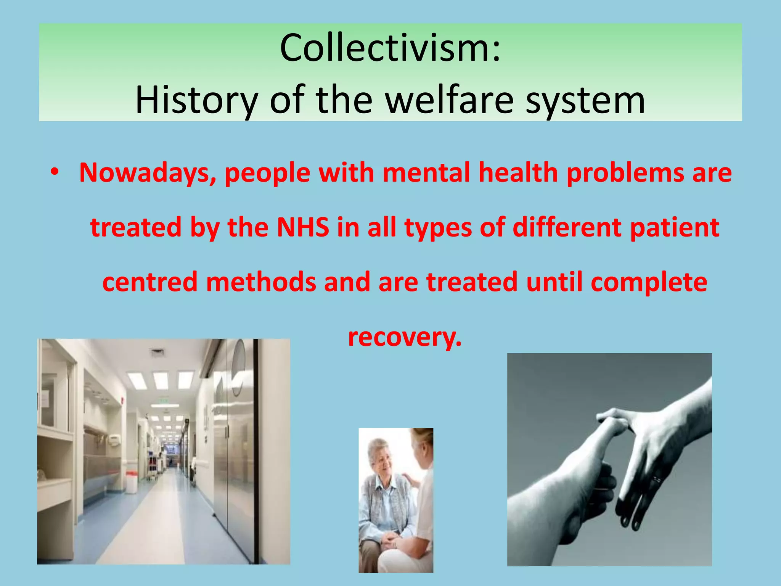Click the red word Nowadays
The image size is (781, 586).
(148, 173)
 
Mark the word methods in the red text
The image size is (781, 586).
(261, 282)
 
